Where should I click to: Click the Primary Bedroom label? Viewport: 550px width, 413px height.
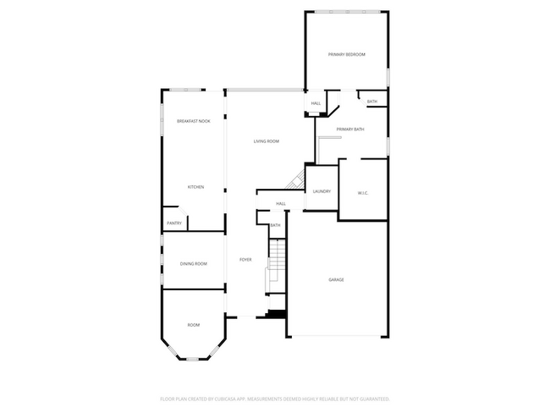347,54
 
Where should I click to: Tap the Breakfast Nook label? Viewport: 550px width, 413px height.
193,122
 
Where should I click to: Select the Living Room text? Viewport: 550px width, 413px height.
267,141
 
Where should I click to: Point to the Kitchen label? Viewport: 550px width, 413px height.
195,187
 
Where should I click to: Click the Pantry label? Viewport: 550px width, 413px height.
174,223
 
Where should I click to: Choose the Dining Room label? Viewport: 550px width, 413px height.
194,264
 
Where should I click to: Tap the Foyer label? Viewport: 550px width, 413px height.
245,260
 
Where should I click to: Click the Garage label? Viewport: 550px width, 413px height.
336,279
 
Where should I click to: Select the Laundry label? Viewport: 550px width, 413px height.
322,192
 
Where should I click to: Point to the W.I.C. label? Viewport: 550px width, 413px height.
362,193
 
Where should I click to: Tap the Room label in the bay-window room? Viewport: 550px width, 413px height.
194,325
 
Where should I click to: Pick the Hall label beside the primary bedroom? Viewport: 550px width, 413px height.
316,103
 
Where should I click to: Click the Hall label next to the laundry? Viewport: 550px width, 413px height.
281,204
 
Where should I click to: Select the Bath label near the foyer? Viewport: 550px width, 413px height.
275,225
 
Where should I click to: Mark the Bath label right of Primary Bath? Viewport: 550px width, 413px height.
372,102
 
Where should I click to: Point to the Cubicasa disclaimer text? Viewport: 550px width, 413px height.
275,398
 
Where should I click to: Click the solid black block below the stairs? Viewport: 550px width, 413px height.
277,315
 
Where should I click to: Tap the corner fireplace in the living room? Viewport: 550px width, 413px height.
296,180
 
